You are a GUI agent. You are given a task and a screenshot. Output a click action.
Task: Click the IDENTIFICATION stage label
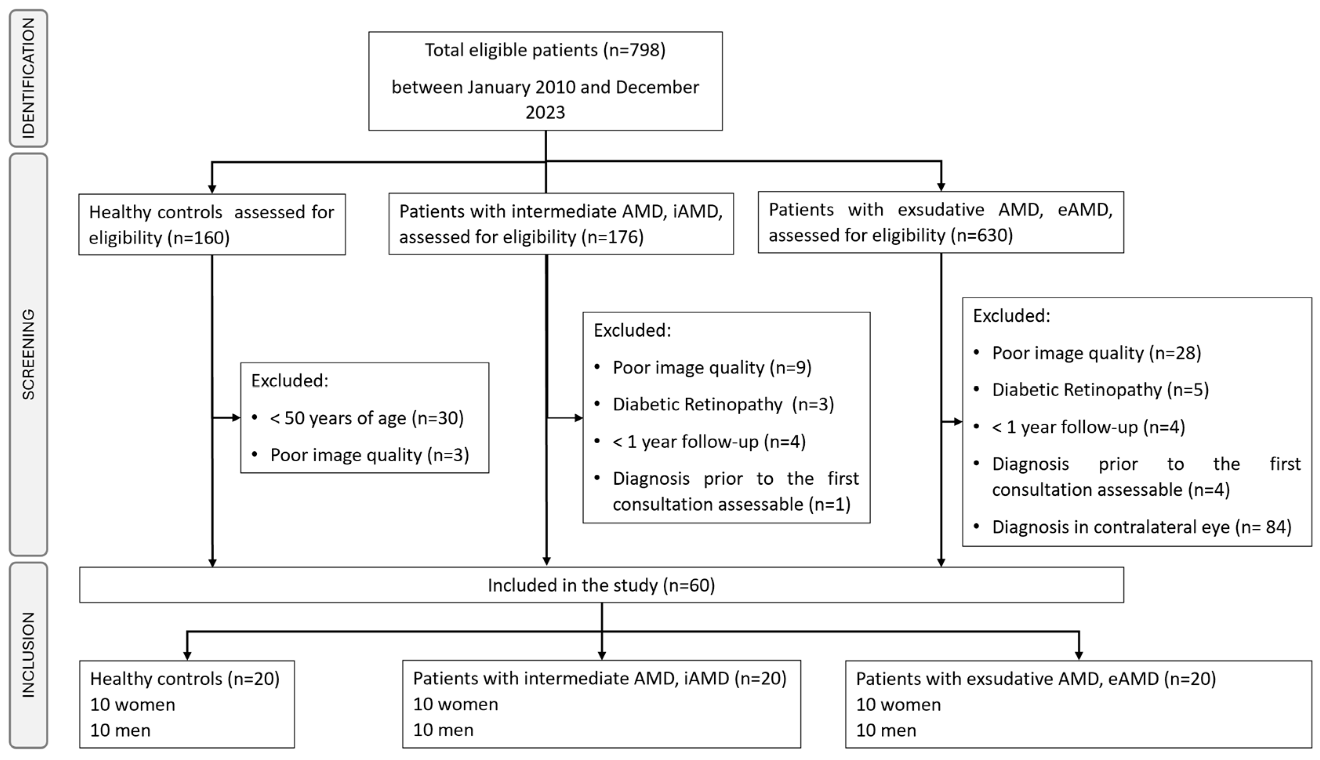(28, 78)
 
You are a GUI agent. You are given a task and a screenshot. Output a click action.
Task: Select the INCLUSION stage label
(28, 655)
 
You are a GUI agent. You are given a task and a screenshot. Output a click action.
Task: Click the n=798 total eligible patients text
(634, 50)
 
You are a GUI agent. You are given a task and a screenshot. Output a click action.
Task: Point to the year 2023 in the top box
(545, 113)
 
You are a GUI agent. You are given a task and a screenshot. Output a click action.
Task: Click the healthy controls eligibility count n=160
(198, 238)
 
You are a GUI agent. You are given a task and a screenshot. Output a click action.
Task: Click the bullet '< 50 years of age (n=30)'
(367, 418)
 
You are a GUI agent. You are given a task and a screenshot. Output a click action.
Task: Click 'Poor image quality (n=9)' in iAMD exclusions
(712, 368)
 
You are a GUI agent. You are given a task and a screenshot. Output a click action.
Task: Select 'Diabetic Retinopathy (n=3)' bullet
(723, 404)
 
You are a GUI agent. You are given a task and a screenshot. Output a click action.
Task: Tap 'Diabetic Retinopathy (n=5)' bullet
(1100, 390)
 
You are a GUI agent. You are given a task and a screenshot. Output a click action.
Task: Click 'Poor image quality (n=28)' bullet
(1096, 353)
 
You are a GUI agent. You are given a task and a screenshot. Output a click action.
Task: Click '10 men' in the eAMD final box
(886, 730)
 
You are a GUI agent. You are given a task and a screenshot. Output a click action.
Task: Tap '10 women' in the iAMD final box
(455, 704)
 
